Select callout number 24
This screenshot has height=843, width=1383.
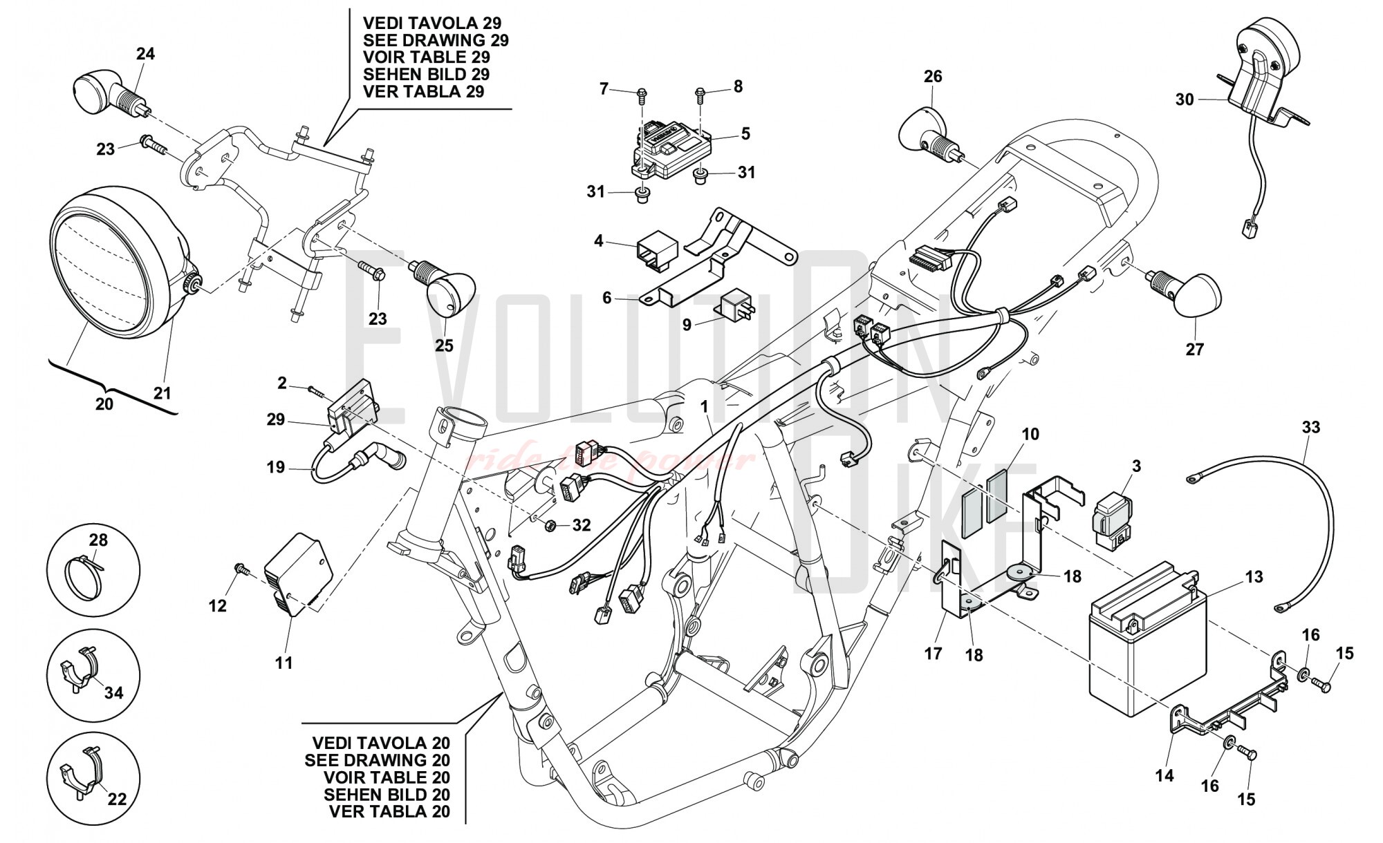(145, 54)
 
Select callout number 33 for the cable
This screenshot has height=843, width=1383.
(1310, 428)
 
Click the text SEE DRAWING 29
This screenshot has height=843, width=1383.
(436, 41)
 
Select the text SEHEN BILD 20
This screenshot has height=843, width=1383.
(387, 795)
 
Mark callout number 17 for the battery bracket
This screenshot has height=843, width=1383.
(933, 652)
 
